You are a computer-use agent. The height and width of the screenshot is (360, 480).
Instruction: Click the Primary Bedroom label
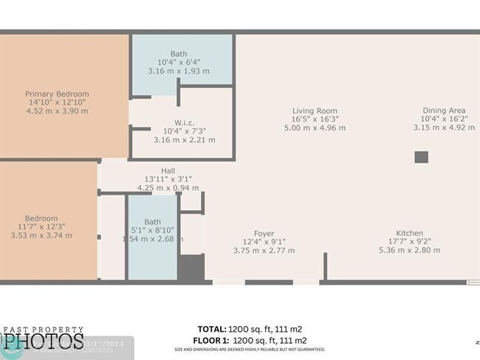57,94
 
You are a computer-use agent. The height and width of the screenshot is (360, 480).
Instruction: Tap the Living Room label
315,110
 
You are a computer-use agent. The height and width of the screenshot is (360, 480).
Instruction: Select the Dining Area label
443,110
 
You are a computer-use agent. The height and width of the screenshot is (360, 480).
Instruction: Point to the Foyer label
264,233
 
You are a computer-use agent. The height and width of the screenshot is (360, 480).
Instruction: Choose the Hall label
168,170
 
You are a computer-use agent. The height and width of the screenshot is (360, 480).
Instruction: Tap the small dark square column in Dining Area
421,156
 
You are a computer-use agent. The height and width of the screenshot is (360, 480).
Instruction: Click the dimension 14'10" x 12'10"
57,103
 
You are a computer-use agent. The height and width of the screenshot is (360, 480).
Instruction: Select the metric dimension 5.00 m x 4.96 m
315,128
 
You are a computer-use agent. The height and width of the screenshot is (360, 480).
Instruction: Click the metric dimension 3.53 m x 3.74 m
41,236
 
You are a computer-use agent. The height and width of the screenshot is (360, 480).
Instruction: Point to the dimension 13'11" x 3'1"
168,179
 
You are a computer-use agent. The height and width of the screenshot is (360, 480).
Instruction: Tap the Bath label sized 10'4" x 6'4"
179,54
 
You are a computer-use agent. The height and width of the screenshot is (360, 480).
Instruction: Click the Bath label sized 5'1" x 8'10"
152,221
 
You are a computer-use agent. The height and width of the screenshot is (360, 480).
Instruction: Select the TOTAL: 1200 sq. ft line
250,329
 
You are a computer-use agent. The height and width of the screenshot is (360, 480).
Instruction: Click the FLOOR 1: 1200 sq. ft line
250,339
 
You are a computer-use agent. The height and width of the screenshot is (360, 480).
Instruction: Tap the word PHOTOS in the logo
41,341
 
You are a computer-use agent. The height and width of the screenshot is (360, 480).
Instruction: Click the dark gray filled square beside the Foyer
191,267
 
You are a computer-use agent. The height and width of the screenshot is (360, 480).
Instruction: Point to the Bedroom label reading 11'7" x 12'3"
41,218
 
